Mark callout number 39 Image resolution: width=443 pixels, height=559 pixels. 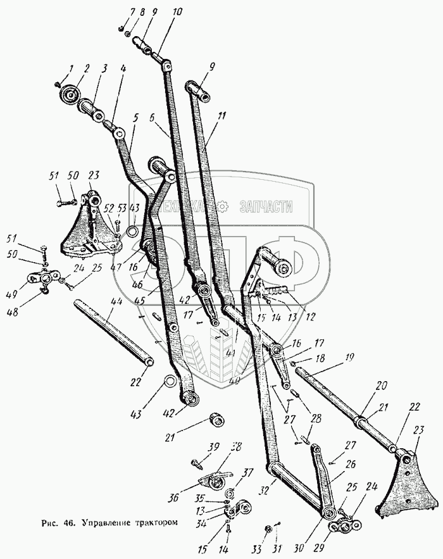pyautogui.click(x=215, y=448)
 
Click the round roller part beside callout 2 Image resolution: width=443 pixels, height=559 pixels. pyautogui.click(x=69, y=96)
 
